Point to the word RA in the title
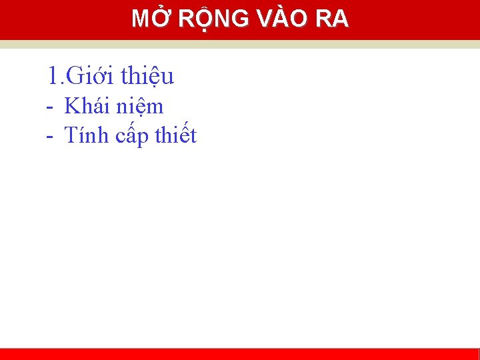click(x=332, y=19)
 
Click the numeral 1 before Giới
click(x=53, y=76)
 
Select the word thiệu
click(x=148, y=77)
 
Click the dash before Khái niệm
click(x=50, y=107)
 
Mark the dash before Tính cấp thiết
click(x=50, y=137)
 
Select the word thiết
click(x=175, y=135)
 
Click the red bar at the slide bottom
click(x=240, y=354)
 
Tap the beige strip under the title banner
click(x=240, y=44)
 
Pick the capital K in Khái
click(x=71, y=106)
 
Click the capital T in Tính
click(x=70, y=135)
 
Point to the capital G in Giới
click(x=75, y=76)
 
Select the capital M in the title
click(x=140, y=19)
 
